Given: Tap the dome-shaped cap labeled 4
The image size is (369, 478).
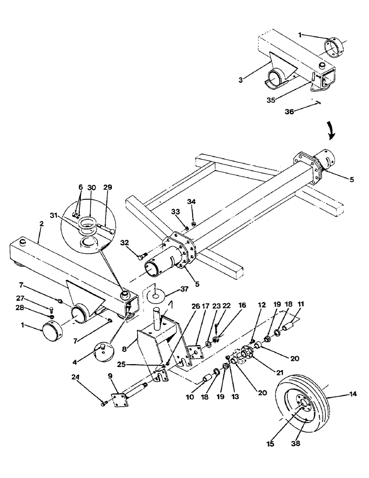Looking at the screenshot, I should tap(104, 349).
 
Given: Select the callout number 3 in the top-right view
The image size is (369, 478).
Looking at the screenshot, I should tap(241, 80).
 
